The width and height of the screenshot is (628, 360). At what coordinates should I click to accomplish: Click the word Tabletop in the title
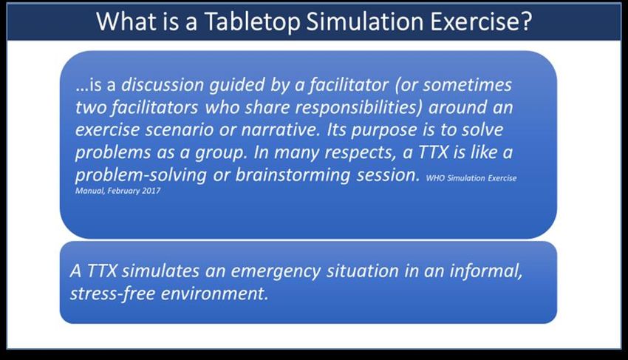point(252,21)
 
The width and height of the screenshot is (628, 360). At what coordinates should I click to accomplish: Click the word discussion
point(163,84)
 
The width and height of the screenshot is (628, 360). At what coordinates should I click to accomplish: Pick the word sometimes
point(468,85)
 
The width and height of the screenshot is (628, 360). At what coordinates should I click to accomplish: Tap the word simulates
point(160,271)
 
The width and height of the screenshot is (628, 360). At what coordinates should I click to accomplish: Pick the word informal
point(486,271)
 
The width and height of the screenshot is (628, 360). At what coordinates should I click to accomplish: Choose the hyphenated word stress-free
point(112,293)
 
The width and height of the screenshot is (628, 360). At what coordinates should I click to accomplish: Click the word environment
point(214,294)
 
